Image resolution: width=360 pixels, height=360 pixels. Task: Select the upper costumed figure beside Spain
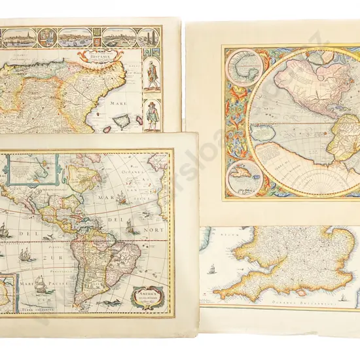click(153, 76)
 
